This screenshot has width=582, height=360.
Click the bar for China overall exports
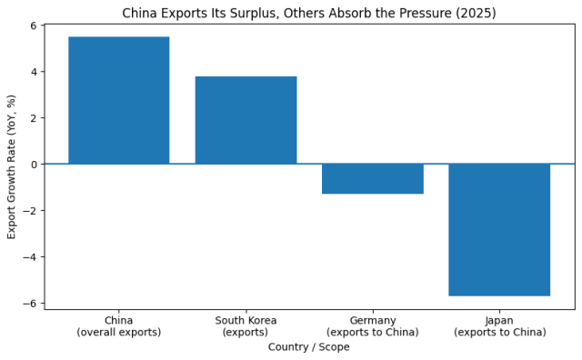118,100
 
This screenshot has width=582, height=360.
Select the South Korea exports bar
246,120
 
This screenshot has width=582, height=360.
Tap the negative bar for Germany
373,179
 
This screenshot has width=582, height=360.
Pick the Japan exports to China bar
499,230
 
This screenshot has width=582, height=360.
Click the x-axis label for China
118,326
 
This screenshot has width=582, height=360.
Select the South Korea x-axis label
246,326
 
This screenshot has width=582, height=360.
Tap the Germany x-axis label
373,326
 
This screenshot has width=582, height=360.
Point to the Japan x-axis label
499,326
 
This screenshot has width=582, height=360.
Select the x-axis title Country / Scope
309,347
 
